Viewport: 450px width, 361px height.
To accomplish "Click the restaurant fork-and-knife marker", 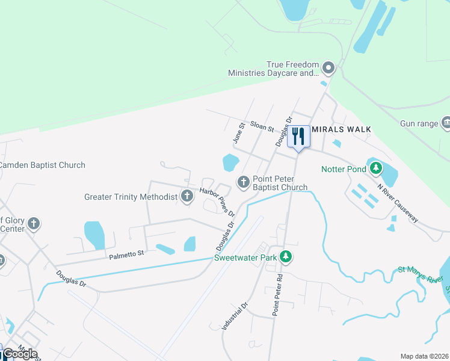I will click(x=298, y=137).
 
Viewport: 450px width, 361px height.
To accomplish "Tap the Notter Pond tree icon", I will click(x=376, y=168).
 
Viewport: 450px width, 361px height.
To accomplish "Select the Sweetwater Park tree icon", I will click(x=287, y=257).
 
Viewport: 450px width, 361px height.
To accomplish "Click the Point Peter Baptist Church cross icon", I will click(x=244, y=182).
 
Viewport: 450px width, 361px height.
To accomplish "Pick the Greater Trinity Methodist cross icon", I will click(x=187, y=196).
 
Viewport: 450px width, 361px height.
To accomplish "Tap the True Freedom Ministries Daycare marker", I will click(x=328, y=67).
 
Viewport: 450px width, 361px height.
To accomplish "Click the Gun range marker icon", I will click(x=446, y=123).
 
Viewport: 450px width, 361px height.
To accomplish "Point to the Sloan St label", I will click(x=262, y=129).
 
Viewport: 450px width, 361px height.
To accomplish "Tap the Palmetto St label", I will click(x=126, y=255).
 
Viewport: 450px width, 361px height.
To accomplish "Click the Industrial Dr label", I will click(x=235, y=316).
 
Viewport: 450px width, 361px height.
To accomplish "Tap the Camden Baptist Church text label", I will click(x=42, y=165).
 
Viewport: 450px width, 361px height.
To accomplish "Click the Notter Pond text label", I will click(x=344, y=169).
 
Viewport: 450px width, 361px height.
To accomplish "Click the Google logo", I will click(x=20, y=354).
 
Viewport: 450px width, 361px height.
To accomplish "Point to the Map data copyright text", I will click(x=424, y=356).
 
